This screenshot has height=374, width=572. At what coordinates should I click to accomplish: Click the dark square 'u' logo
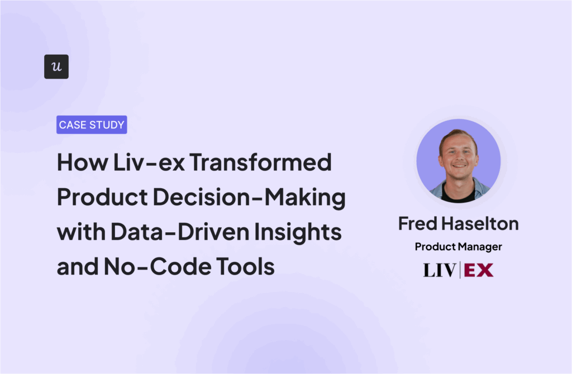click(x=56, y=67)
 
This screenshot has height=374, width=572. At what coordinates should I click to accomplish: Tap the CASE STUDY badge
click(x=92, y=124)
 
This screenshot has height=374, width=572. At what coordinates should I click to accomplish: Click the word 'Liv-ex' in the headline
click(x=149, y=162)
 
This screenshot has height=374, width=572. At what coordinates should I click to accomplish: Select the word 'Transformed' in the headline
click(x=260, y=162)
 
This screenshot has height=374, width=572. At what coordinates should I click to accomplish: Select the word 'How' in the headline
click(x=83, y=162)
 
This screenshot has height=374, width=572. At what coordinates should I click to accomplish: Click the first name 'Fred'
click(x=417, y=223)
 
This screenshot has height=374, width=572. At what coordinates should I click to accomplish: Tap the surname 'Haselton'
click(x=480, y=223)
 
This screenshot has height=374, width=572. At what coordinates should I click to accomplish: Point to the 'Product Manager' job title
click(x=459, y=247)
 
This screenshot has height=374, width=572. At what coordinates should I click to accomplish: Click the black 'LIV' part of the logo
click(x=439, y=270)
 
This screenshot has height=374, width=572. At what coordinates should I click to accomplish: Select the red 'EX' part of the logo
click(x=479, y=270)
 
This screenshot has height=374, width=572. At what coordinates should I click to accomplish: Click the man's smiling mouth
click(x=459, y=166)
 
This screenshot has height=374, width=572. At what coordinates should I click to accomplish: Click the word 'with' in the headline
click(x=82, y=232)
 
